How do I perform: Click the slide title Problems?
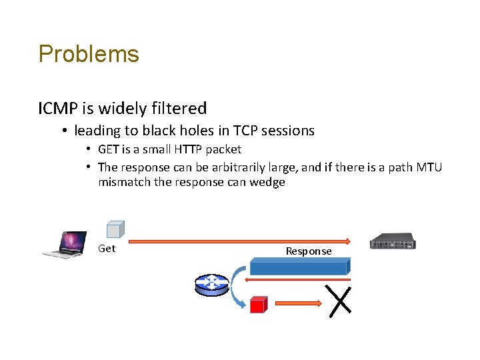pos(89,54)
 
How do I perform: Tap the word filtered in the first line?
pos(179,108)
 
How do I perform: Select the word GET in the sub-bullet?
pos(109,149)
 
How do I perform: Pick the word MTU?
pos(428,167)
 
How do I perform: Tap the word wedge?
pos(267,182)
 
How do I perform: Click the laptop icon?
pos(65,244)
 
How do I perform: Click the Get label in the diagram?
pos(107,249)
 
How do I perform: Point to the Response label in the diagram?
pos(309,251)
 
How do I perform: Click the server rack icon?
pos(393,241)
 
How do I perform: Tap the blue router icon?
pos(211,284)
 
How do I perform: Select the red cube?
pos(258,305)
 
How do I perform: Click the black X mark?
pos(340,299)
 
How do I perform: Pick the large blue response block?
pos(299,267)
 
